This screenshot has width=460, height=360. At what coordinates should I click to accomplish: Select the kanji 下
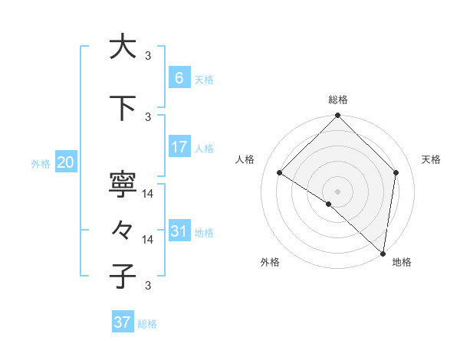click(x=123, y=110)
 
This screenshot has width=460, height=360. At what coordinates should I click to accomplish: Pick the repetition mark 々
click(x=123, y=230)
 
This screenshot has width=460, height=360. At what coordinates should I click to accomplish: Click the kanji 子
click(x=123, y=276)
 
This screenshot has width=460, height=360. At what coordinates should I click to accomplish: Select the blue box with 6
click(x=179, y=78)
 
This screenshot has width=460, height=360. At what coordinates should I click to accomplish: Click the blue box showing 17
click(x=179, y=147)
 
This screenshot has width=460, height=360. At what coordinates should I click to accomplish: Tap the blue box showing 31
click(x=179, y=231)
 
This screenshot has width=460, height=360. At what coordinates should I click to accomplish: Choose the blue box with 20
click(x=65, y=162)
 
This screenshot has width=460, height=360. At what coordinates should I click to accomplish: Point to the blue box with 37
click(x=123, y=322)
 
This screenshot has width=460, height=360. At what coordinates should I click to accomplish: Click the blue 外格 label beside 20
click(x=40, y=163)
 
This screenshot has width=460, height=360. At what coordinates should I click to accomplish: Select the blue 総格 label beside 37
click(x=147, y=324)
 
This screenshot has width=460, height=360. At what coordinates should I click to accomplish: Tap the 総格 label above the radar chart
click(x=338, y=100)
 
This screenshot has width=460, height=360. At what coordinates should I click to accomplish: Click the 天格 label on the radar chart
click(x=432, y=159)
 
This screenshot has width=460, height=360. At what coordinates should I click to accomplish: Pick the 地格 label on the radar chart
click(x=402, y=262)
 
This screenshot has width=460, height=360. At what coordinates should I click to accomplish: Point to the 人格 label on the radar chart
click(x=245, y=159)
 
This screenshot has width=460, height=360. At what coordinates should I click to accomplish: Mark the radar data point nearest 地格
click(x=383, y=253)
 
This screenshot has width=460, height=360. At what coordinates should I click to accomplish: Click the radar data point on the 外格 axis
click(x=328, y=204)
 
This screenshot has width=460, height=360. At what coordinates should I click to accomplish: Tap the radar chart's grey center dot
click(x=338, y=191)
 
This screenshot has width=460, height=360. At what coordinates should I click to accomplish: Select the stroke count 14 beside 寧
click(x=149, y=194)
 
